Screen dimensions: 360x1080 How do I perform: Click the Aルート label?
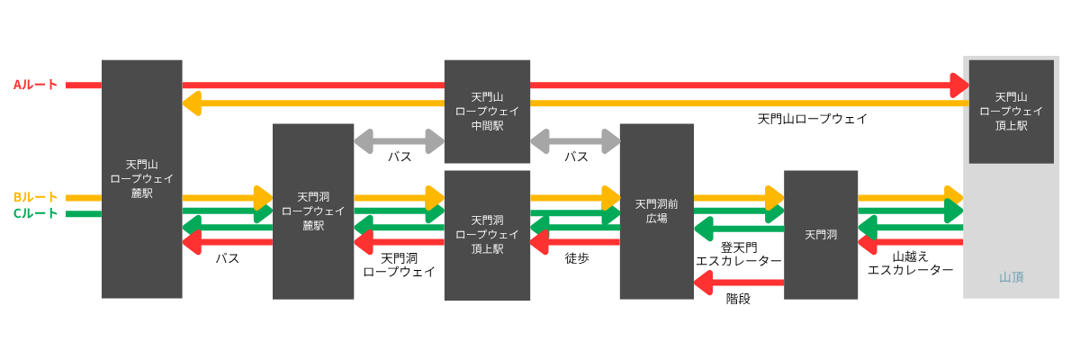[35, 85]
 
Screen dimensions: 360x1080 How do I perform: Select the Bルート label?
[35, 197]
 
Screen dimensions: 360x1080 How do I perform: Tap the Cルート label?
[35, 213]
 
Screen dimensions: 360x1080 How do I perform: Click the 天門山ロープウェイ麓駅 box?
[141, 178]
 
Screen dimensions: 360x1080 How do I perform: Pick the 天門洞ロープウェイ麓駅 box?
[313, 211]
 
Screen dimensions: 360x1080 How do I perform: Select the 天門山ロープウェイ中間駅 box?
[487, 112]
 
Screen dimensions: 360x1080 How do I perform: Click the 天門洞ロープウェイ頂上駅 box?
[487, 234]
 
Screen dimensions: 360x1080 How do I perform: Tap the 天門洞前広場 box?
[657, 211]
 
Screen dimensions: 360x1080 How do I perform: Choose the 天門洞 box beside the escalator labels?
[821, 234]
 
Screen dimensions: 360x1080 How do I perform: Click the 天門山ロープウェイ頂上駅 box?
[1011, 112]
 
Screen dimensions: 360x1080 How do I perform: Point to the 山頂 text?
[1012, 277]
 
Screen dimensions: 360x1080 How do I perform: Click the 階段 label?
[738, 299]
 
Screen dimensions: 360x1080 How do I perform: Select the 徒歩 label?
[577, 258]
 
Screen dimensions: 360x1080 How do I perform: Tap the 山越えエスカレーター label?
[910, 263]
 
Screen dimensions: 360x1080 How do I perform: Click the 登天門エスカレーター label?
[739, 254]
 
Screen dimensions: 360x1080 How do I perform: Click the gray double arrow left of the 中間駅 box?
[399, 141]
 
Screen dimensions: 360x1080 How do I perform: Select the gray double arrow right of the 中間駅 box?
[575, 141]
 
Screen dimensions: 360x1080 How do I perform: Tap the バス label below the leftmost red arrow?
[227, 258]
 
